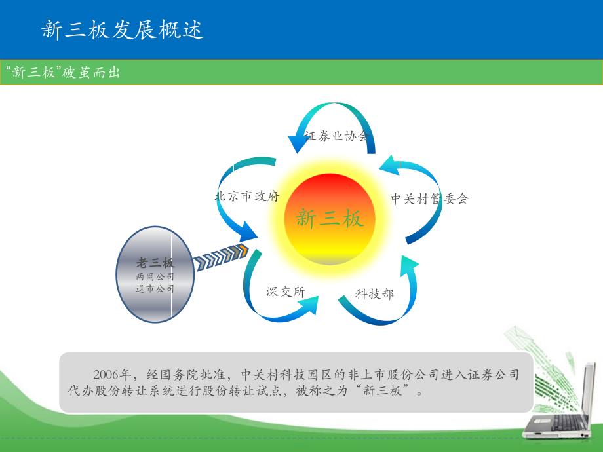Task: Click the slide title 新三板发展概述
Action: pos(123,29)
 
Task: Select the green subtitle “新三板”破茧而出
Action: pos(63,72)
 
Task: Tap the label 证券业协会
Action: pos(337,136)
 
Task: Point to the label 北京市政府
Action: pos(247,196)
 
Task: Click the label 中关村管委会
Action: pos(429,198)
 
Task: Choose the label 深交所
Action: pos(286,292)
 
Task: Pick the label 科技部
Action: pos(374,294)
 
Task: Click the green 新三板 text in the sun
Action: pos(330,218)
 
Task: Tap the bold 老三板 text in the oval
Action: pos(155,263)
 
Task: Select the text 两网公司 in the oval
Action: pos(155,276)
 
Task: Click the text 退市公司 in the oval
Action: pos(155,288)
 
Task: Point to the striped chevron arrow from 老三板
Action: pos(221,257)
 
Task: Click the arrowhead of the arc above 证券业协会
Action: pos(298,143)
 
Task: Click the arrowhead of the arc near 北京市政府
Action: pos(248,232)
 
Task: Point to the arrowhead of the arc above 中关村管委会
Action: pos(389,165)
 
